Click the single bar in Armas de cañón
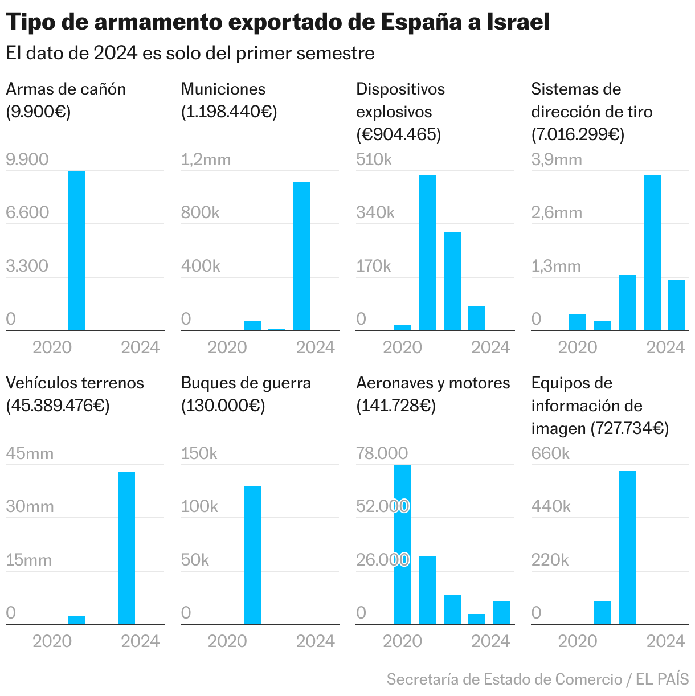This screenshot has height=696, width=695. [77, 251]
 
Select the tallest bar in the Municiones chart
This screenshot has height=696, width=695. [302, 256]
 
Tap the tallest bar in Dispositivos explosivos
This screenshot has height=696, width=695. [427, 252]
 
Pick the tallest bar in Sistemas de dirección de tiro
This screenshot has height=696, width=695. [652, 252]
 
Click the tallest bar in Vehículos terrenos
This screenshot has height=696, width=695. [126, 548]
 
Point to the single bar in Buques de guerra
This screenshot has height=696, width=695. [252, 555]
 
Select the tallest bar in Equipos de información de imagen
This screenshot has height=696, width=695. [627, 547]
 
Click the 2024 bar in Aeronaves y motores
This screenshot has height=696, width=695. [502, 612]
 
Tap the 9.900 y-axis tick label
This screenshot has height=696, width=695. [27, 159]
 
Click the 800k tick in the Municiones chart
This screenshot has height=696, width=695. [200, 213]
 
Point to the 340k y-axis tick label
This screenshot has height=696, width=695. [375, 213]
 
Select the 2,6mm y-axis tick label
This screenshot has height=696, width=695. [557, 213]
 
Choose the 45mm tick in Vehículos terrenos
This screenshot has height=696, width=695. [30, 453]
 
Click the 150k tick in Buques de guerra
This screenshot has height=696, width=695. [199, 453]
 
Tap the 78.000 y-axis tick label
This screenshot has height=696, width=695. [382, 453]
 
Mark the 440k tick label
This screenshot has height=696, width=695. [551, 506]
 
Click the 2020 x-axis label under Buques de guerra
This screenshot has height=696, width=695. [227, 641]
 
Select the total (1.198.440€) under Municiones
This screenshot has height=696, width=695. [229, 112]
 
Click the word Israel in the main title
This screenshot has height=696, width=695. [518, 22]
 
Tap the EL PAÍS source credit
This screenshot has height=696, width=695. [662, 679]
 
